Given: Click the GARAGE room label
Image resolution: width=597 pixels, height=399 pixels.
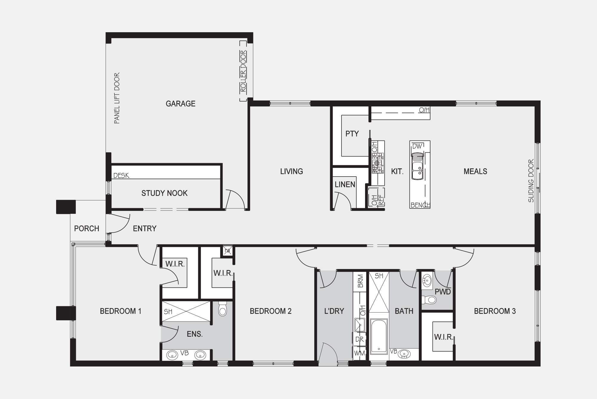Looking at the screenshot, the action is [180, 104].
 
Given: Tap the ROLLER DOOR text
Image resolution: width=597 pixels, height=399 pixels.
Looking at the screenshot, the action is [244, 71].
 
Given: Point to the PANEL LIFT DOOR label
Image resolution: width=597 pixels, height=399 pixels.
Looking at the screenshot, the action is [117, 98].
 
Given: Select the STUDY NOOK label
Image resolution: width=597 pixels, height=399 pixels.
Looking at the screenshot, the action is [164, 193].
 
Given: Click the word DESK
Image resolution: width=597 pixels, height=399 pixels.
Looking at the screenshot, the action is [121, 176].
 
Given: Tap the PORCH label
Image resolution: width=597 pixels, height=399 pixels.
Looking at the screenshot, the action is [87, 229].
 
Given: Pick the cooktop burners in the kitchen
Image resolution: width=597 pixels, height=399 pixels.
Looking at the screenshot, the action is [378, 163].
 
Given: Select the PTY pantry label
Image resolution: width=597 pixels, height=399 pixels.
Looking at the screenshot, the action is [352, 134].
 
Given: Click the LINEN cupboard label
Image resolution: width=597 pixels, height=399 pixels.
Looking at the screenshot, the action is [345, 185].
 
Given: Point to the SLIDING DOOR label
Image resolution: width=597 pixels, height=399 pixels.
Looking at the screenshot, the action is [531, 181].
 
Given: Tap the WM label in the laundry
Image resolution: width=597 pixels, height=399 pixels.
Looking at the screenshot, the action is [360, 353].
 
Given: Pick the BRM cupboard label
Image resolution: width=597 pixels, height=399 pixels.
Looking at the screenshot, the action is [360, 281].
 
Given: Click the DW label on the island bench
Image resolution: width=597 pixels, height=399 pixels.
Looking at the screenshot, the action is [417, 146].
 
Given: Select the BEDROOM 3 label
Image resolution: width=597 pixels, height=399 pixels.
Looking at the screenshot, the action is [495, 311].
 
